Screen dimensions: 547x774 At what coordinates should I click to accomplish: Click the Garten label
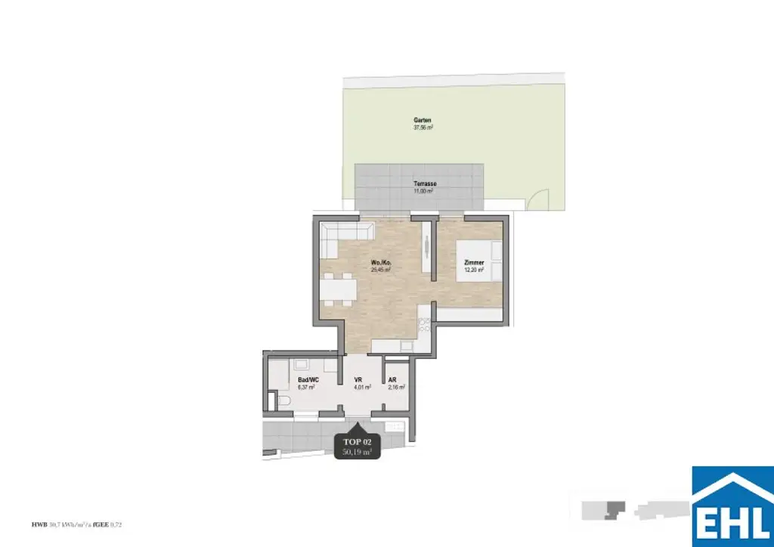[x=423, y=121]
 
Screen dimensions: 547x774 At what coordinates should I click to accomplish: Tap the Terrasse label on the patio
[x=425, y=184]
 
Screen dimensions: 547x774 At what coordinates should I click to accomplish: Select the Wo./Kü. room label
[x=380, y=263]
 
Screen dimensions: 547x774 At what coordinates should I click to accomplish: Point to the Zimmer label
[x=475, y=263]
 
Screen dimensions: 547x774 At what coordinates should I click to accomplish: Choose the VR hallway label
[x=360, y=381]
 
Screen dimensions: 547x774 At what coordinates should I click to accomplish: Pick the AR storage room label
[x=392, y=381]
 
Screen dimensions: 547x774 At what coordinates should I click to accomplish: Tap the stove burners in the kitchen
[x=425, y=326]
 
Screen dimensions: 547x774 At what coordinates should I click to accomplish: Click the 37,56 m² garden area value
[x=423, y=128]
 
